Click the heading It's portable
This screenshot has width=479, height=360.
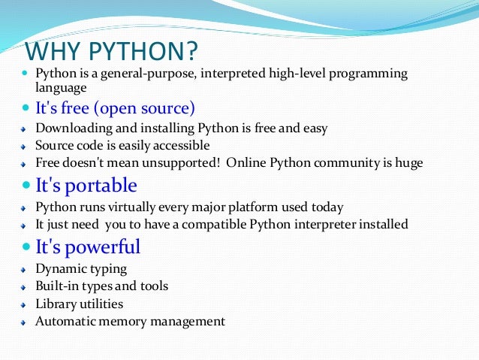coord(86,185)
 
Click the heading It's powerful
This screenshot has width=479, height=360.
coord(88,247)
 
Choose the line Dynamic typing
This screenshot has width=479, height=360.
coord(81,268)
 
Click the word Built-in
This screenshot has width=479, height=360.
coord(54,286)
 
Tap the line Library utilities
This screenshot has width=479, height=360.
coord(79,304)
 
